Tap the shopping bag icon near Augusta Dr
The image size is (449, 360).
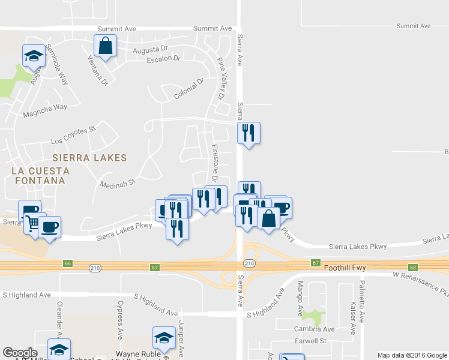click(106, 46)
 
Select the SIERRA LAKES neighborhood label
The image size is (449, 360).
click(89, 158)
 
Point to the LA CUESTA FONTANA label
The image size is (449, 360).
click(41, 176)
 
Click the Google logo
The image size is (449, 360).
click(20, 352)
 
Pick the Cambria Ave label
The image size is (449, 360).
click(313, 329)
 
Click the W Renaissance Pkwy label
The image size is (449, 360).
click(420, 284)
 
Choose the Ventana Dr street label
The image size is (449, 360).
click(97, 70)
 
